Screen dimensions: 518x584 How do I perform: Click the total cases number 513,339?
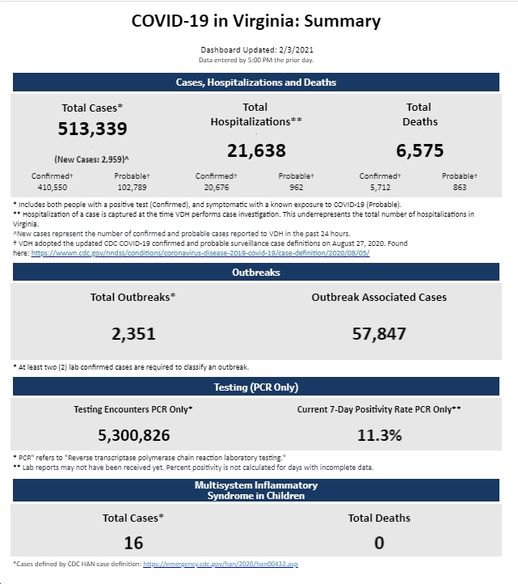(92, 129)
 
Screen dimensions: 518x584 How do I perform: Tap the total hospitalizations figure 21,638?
(256, 150)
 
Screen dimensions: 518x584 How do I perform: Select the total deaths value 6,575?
(419, 150)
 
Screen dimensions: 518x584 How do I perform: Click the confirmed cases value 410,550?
(53, 188)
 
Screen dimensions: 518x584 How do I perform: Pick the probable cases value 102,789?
(132, 188)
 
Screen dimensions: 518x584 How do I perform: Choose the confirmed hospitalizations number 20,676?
(217, 188)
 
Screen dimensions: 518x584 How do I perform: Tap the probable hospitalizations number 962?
(297, 188)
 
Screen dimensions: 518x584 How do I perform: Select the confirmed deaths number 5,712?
(381, 188)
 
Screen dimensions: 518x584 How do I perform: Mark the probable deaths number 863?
(460, 188)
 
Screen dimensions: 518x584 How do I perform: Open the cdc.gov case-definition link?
(200, 253)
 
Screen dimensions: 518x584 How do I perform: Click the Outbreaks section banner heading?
(256, 273)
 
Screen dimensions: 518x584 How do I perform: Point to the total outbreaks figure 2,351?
(133, 334)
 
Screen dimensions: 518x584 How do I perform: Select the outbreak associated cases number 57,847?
(379, 334)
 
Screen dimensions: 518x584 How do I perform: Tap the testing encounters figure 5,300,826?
(134, 435)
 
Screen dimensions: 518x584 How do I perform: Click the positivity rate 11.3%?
(380, 435)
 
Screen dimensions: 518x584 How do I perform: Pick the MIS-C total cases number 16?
(133, 543)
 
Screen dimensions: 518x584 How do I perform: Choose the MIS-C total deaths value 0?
(379, 543)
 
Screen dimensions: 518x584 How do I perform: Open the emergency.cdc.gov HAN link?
(221, 564)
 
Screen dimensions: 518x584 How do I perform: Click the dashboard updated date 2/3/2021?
(296, 50)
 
